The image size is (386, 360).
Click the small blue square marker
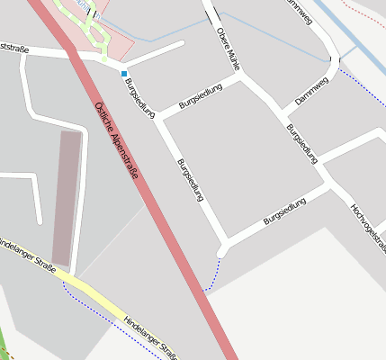point(124,73)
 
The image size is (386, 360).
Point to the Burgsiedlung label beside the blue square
point(139,98)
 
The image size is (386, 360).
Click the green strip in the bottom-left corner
point(5,347)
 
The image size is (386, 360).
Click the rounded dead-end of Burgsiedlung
point(221,251)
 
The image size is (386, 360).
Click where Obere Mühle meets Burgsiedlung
point(242,79)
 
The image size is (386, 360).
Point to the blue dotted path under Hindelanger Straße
point(99,310)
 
